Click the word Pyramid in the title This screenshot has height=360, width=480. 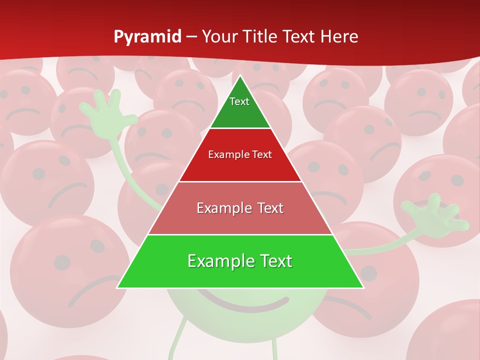tap(147, 37)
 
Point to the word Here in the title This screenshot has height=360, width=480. tap(339, 37)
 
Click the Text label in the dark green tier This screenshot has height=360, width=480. tap(239, 102)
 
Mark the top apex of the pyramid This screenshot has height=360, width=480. tap(240, 76)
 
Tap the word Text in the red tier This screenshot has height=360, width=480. tap(262, 155)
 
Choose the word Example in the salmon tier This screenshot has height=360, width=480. tap(219, 208)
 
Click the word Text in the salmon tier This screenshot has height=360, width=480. tap(270, 208)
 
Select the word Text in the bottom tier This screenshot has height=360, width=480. tap(275, 261)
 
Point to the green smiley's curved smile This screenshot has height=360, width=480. tap(245, 302)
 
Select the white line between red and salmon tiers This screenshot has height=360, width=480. tap(240, 181)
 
